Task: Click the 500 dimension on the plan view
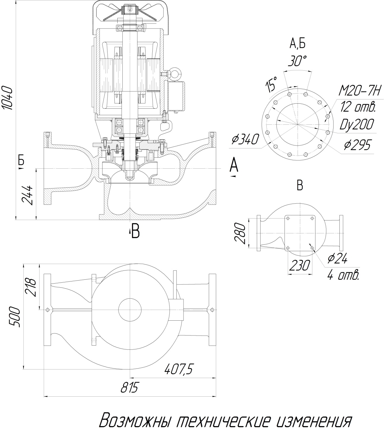pos(15,317)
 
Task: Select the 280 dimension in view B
pos(241,234)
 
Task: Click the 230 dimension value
pos(300,265)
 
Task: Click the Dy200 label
pos(356,125)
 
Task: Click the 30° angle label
pos(297,61)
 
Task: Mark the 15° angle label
pos(271,84)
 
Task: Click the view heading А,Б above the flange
pos(297,44)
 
